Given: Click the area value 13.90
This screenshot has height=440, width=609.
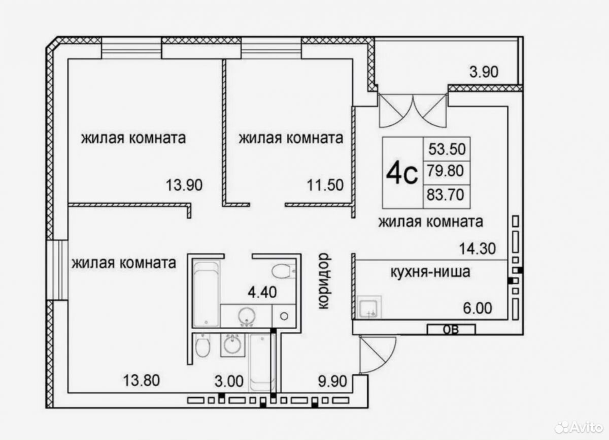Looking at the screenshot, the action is pyautogui.click(x=184, y=185).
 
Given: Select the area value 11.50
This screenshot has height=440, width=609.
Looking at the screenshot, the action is pyautogui.click(x=325, y=185).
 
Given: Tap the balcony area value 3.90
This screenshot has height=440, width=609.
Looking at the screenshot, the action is pyautogui.click(x=484, y=72).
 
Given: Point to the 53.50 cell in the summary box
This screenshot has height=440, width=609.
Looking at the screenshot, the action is pyautogui.click(x=447, y=149).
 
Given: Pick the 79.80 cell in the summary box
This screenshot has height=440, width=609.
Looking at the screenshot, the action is pyautogui.click(x=447, y=173).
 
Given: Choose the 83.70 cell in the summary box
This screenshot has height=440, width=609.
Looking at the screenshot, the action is pyautogui.click(x=447, y=197).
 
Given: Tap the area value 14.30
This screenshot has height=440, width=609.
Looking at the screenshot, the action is pyautogui.click(x=478, y=249).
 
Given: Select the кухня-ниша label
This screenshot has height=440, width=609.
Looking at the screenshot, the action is pyautogui.click(x=430, y=272).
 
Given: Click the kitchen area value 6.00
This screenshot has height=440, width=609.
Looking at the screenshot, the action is pyautogui.click(x=478, y=308).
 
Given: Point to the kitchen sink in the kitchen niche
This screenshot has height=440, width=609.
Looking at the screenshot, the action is pyautogui.click(x=368, y=307).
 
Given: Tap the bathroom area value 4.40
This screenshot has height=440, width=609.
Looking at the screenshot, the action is pyautogui.click(x=262, y=292).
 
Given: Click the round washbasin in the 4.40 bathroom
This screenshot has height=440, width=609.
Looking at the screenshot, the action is pyautogui.click(x=247, y=316).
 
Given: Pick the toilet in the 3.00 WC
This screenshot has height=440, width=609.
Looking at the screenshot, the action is pyautogui.click(x=202, y=345).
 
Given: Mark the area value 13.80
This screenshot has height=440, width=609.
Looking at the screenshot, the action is pyautogui.click(x=142, y=381).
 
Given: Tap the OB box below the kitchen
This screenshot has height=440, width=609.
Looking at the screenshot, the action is pyautogui.click(x=451, y=330).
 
